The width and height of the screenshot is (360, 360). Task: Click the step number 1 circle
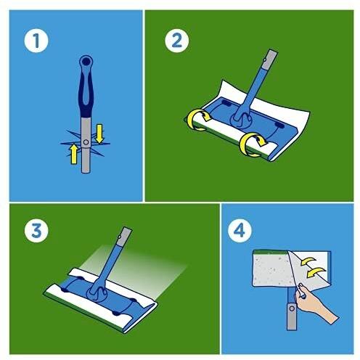pyautogui.click(x=36, y=41)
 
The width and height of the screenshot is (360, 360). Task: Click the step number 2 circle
pyautogui.click(x=177, y=41)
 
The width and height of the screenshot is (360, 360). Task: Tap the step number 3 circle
pyautogui.click(x=36, y=230)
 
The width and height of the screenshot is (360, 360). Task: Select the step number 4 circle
pyautogui.click(x=240, y=230)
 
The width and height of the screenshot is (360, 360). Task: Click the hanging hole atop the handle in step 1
pyautogui.click(x=86, y=62)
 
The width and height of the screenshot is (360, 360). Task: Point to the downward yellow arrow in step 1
pyautogui.click(x=99, y=134)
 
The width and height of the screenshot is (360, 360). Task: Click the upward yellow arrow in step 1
pyautogui.click(x=73, y=154)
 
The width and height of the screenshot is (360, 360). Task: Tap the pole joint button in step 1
pyautogui.click(x=86, y=142)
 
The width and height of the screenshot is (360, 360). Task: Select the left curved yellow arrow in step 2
pyautogui.click(x=199, y=120)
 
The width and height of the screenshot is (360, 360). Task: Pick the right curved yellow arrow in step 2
pyautogui.click(x=252, y=144)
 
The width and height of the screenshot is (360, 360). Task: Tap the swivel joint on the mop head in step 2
pyautogui.click(x=241, y=120)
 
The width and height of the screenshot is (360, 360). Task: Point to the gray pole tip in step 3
pyautogui.click(x=125, y=237)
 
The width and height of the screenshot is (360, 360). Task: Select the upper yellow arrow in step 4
pyautogui.click(x=308, y=261)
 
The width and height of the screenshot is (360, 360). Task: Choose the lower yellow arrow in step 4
pyautogui.click(x=316, y=272)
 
